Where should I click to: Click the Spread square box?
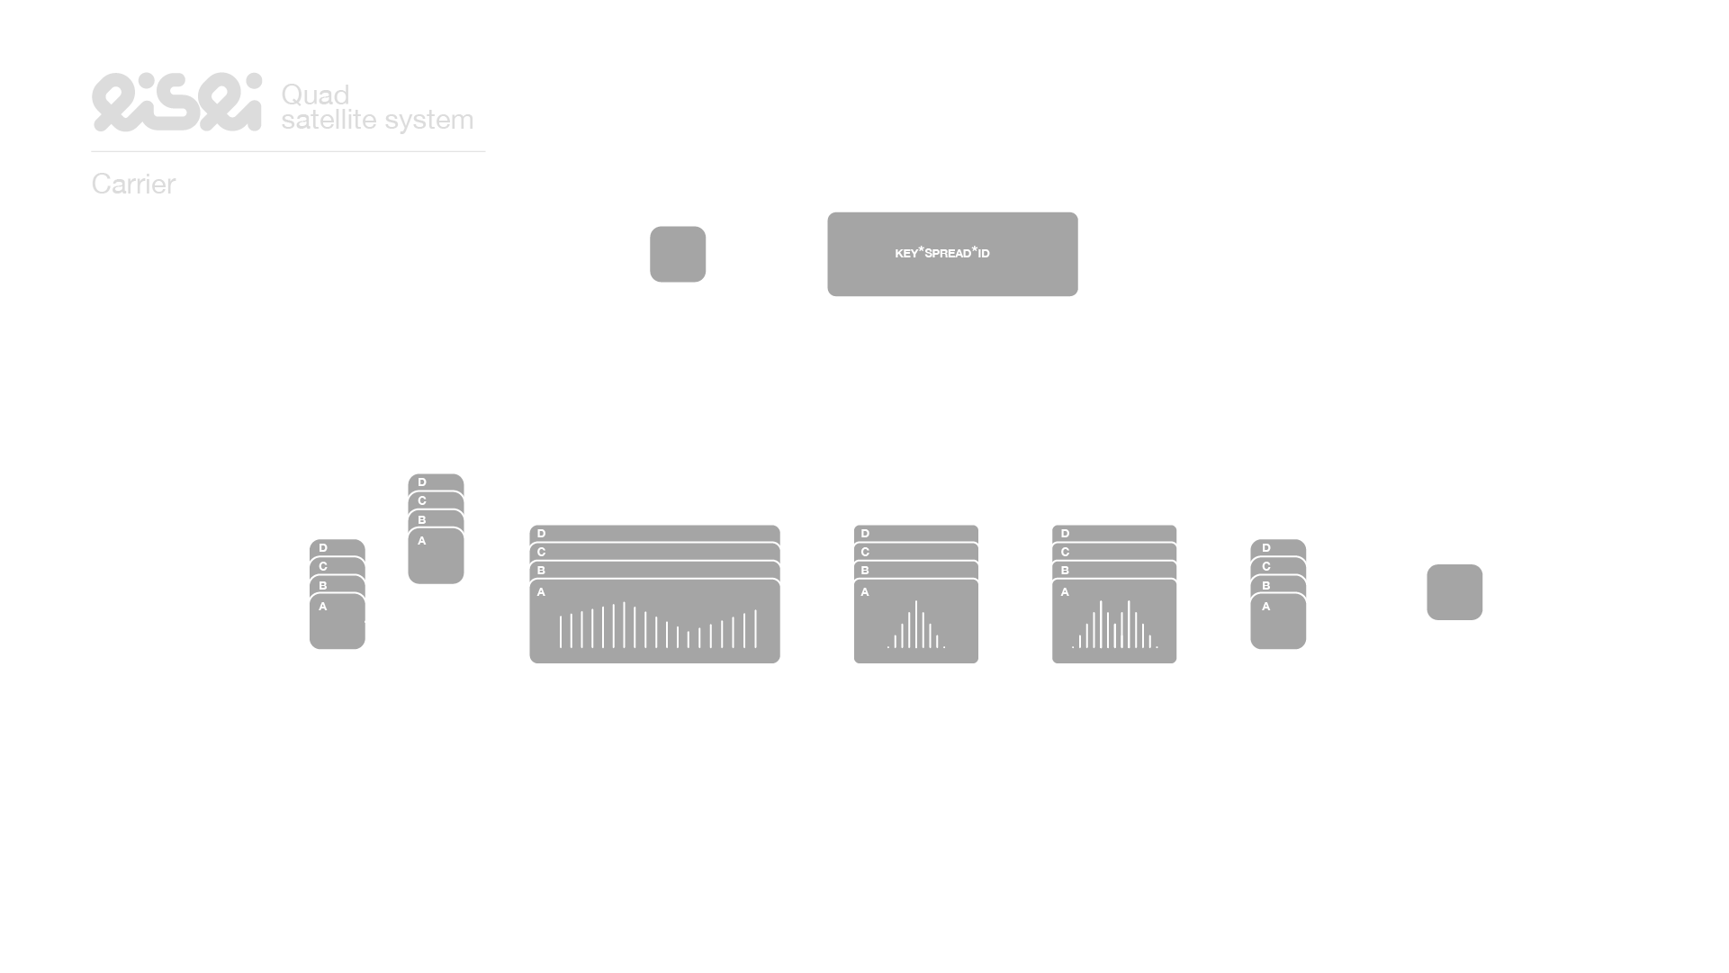point(678,254)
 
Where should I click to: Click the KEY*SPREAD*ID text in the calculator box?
point(941,253)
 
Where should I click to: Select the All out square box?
point(1454,592)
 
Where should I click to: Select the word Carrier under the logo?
point(133,185)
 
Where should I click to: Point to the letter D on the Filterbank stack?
point(541,534)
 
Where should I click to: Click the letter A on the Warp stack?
point(1065,592)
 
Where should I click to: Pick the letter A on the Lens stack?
point(865,592)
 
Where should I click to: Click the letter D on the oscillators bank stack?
point(422,482)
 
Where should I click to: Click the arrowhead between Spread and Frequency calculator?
point(821,255)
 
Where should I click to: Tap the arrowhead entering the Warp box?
point(1046,621)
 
